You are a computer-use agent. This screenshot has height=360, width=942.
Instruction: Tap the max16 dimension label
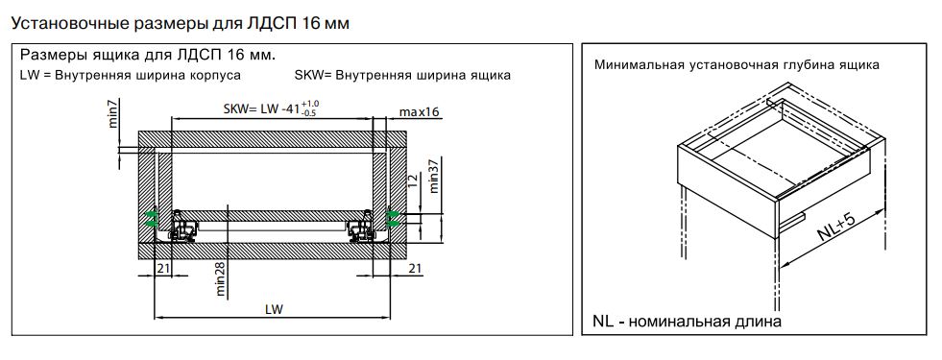(420, 112)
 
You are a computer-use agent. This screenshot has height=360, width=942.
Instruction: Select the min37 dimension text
(435, 176)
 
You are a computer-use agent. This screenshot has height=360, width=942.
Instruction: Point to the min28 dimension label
(220, 278)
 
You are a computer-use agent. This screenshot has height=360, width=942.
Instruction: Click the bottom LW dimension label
(274, 309)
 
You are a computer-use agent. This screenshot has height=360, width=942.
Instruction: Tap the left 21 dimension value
(163, 268)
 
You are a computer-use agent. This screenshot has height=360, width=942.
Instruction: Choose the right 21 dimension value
(415, 268)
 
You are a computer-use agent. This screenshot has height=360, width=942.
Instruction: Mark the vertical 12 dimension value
(412, 180)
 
